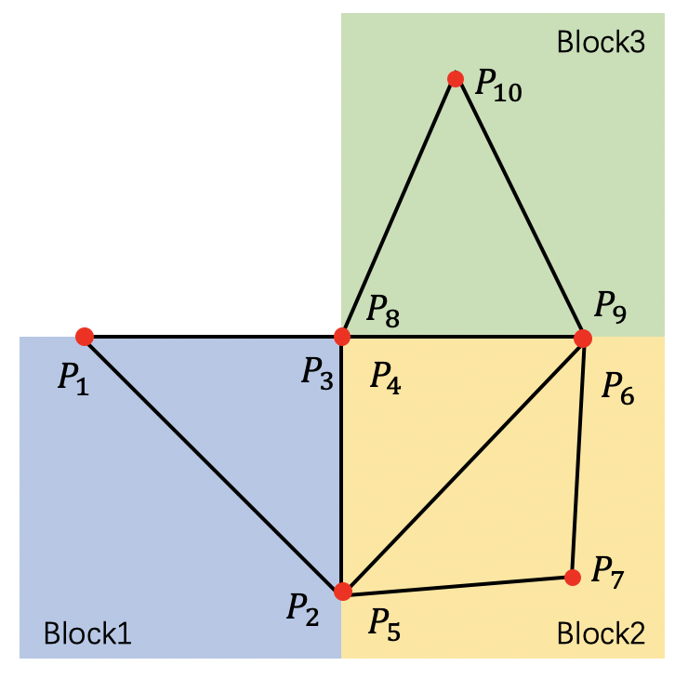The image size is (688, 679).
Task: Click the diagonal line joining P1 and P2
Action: point(214,463)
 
